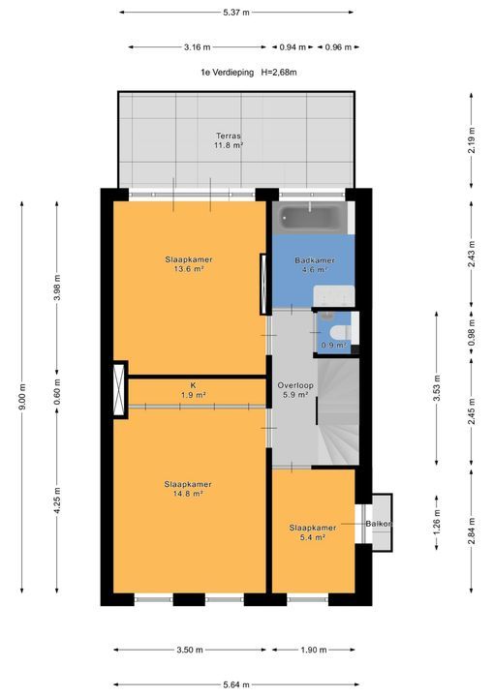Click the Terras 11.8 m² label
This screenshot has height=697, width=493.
pos(229,140)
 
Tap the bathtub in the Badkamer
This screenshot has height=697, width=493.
pos(309,217)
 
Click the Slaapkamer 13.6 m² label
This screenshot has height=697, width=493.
pos(188,264)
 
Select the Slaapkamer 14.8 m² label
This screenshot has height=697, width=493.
pos(188,489)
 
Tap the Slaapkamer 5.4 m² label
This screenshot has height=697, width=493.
pos(312,532)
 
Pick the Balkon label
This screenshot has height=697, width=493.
pos(379,524)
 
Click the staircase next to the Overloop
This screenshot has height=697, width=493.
pos(339,411)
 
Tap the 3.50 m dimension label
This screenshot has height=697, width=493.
pos(190,650)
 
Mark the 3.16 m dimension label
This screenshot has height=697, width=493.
pos(198,46)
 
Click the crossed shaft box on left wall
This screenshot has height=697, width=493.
pos(120,389)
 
